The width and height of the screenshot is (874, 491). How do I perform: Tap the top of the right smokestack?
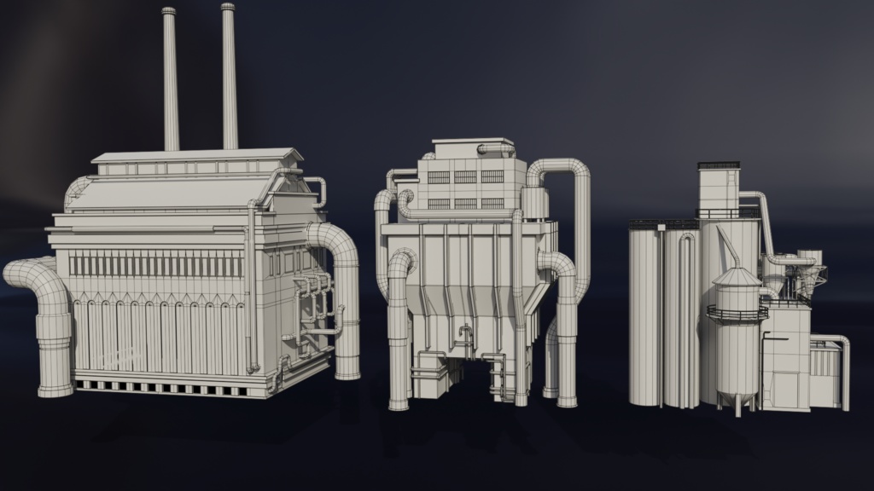(x=228, y=8)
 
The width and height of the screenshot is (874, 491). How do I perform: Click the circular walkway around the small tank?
(x=736, y=314)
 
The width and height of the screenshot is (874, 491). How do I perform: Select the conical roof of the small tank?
(x=737, y=277)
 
